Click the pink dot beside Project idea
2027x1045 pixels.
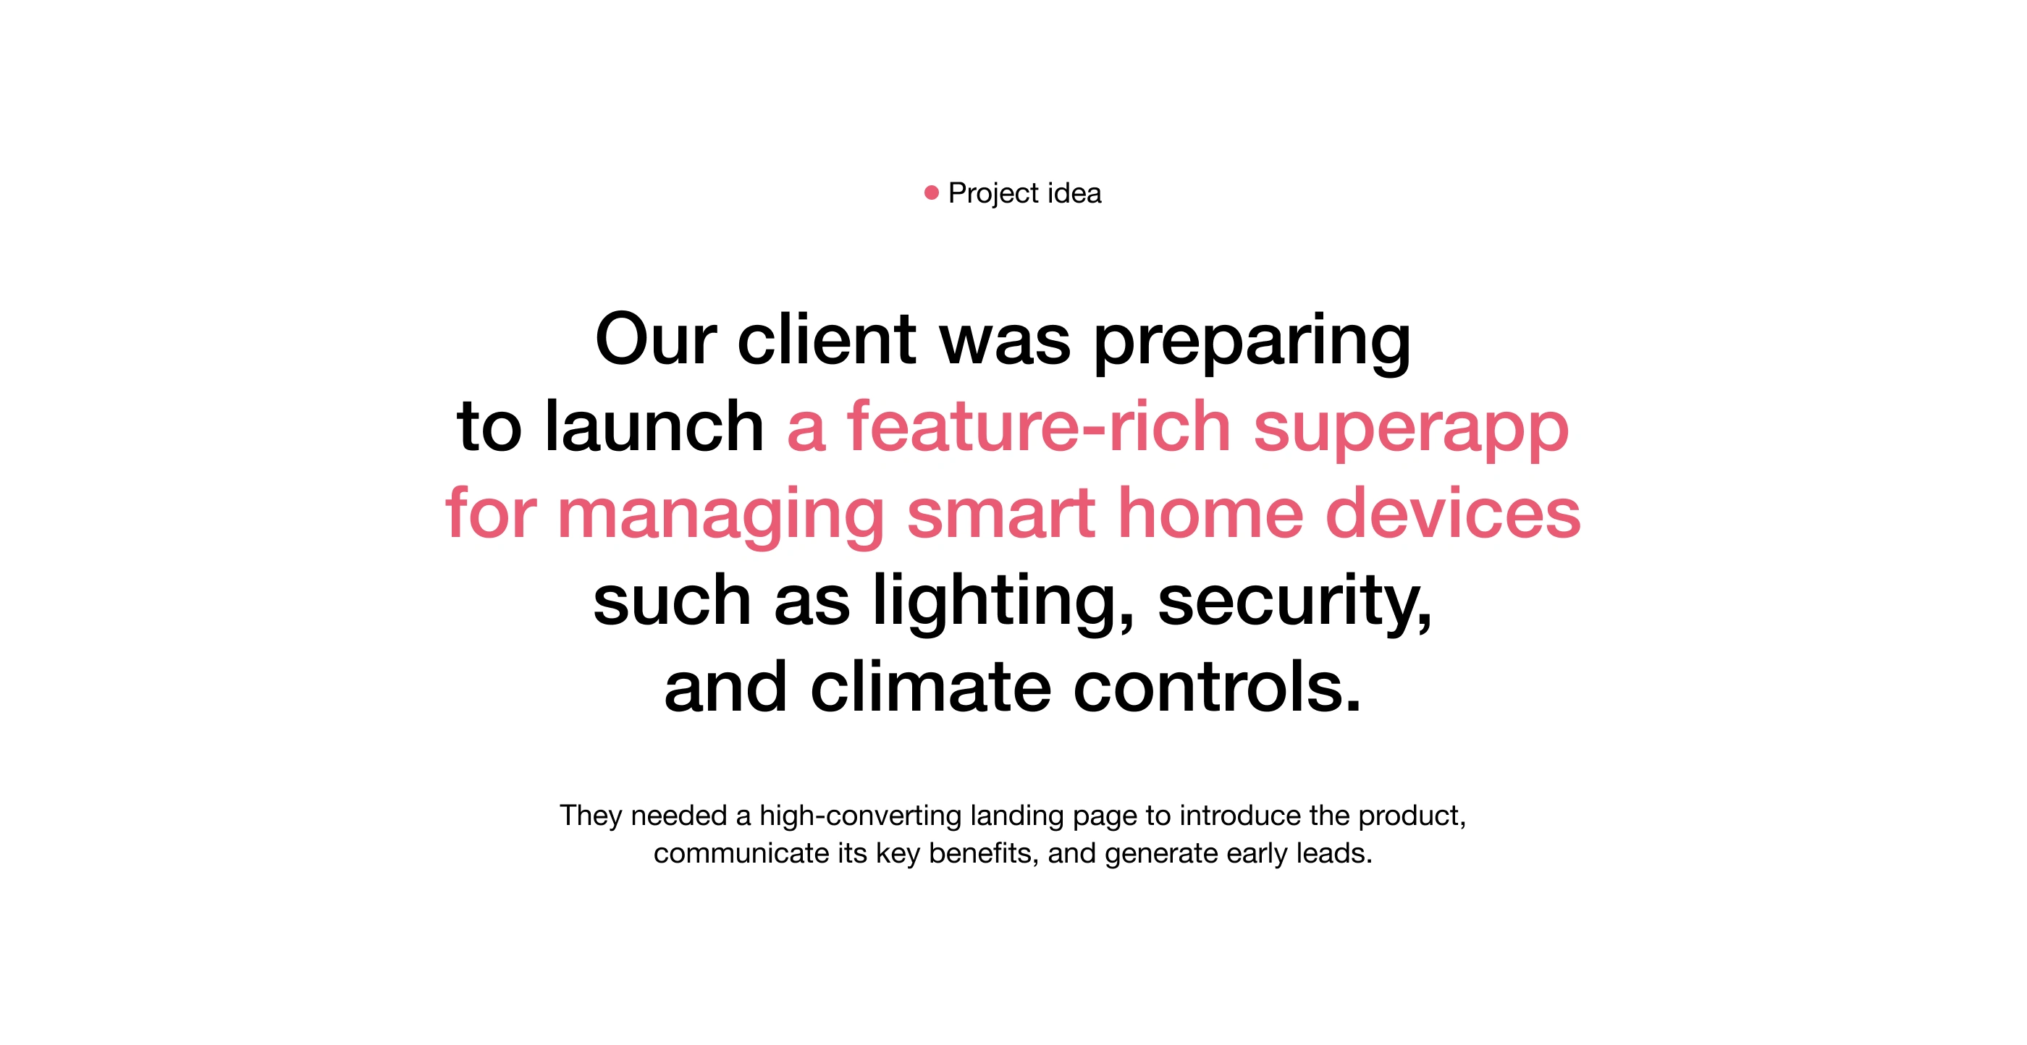tap(932, 192)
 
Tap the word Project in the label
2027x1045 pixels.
tap(994, 193)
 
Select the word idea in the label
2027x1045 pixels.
tap(1074, 192)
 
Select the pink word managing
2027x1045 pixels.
tap(722, 515)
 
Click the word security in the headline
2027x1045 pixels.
tap(1295, 603)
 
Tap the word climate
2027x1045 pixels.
tap(931, 687)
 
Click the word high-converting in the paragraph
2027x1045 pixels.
tap(861, 817)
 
